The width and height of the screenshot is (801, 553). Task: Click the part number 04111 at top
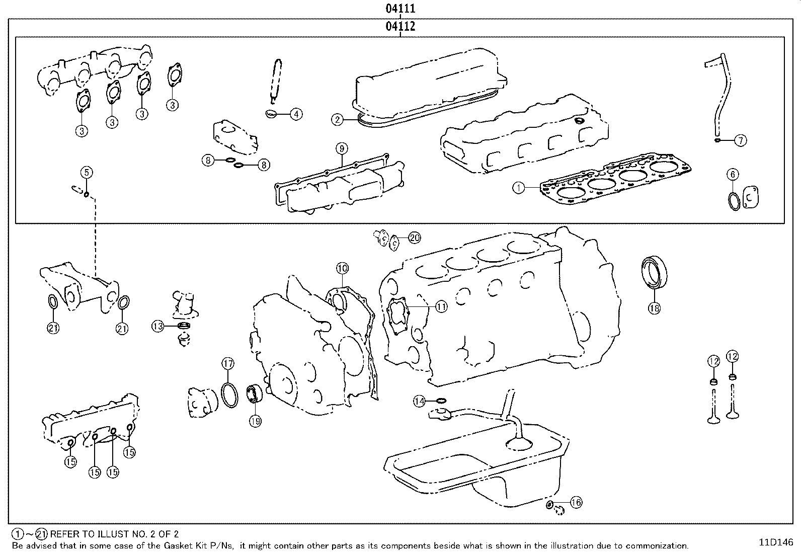(x=401, y=9)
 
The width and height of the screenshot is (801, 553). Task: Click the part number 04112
(x=401, y=27)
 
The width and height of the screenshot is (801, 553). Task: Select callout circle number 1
(x=519, y=188)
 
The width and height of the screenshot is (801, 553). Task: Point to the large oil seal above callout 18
(x=656, y=272)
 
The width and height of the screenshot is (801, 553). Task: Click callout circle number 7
(x=740, y=140)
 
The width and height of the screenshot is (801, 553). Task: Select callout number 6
(x=733, y=175)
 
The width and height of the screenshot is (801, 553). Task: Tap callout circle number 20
(x=414, y=238)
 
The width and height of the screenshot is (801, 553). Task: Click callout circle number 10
(x=342, y=268)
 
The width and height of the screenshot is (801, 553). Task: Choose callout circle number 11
(x=441, y=306)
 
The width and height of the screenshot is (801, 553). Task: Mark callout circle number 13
(x=158, y=327)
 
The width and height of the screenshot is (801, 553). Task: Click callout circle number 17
(x=228, y=363)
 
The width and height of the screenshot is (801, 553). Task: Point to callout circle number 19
(x=255, y=421)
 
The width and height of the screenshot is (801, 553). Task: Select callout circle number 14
(x=420, y=401)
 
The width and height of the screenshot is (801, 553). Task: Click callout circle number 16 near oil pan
(x=576, y=502)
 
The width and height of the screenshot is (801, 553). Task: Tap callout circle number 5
(x=87, y=173)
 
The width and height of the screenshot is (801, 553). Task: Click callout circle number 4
(x=296, y=114)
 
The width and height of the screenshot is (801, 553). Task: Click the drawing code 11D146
(x=776, y=542)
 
